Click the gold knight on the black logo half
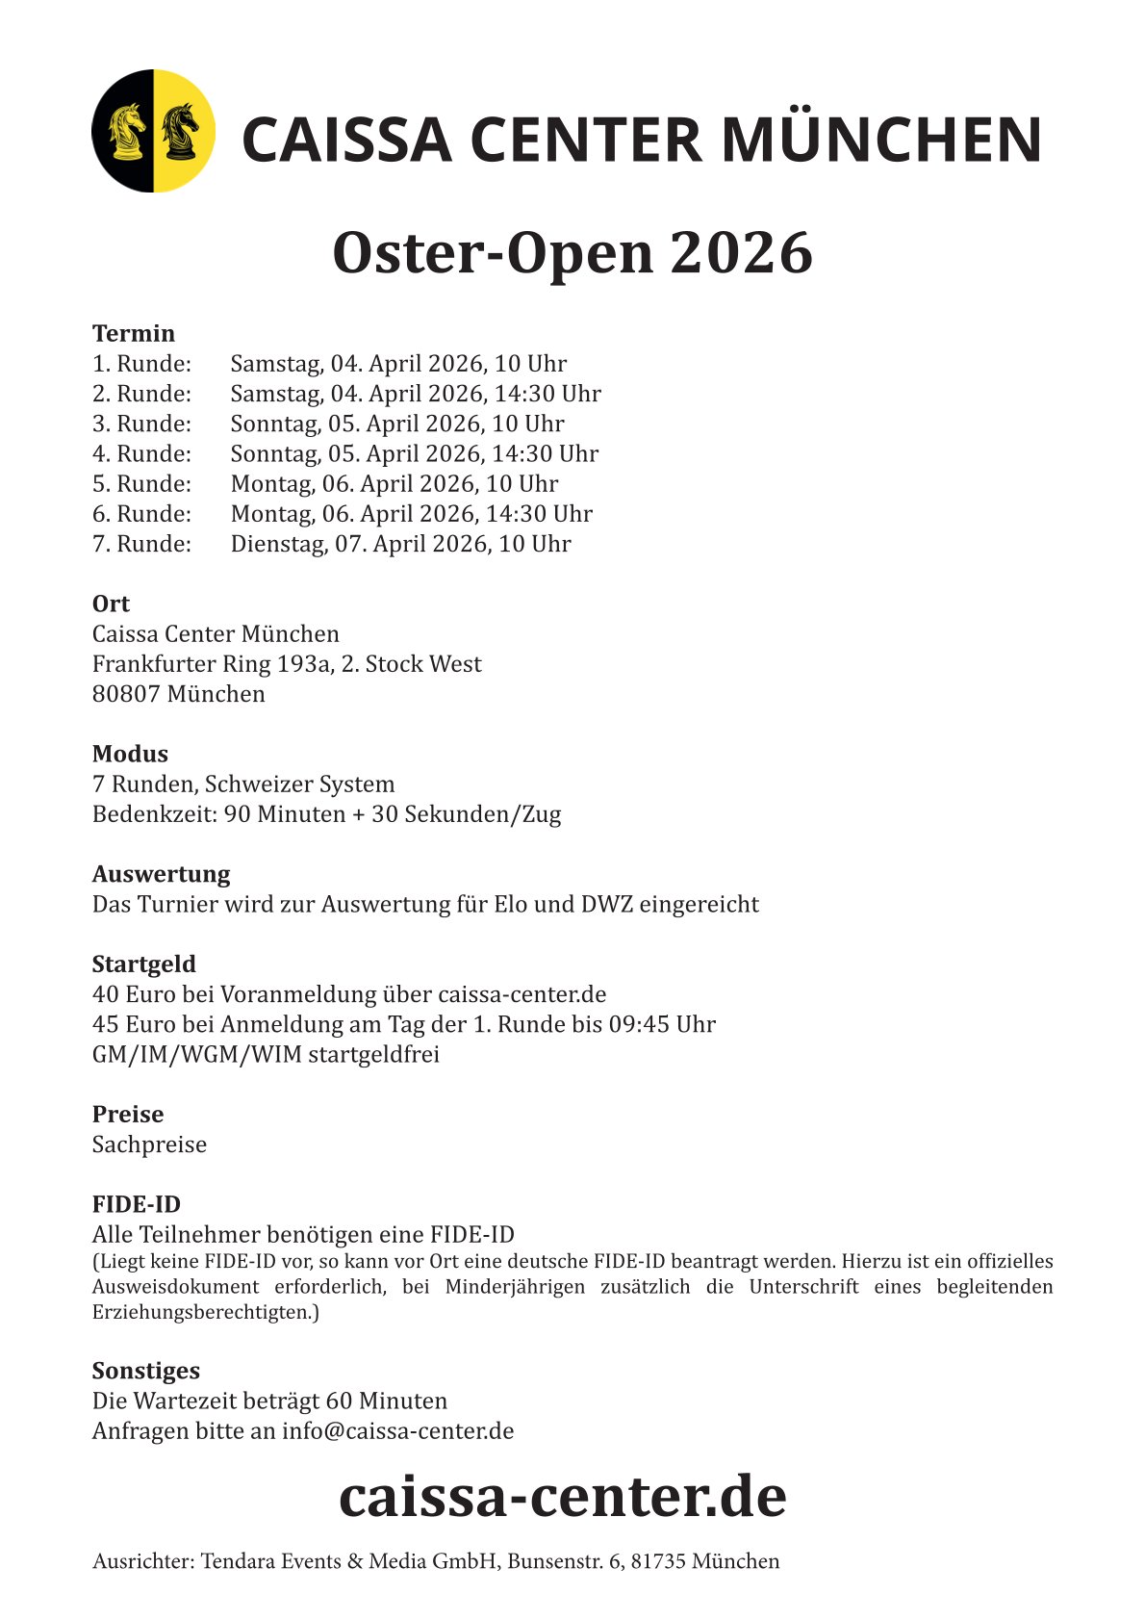pos(126,132)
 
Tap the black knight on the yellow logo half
pos(181,132)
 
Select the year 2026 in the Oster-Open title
pos(741,253)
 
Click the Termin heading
pos(134,334)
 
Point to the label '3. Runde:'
pos(141,424)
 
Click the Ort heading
pos(111,604)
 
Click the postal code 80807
pos(126,694)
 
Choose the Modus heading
pos(130,755)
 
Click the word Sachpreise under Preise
pos(149,1144)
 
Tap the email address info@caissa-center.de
pos(397,1431)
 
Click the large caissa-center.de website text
pos(562,1498)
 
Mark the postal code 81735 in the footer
pos(657,1561)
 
